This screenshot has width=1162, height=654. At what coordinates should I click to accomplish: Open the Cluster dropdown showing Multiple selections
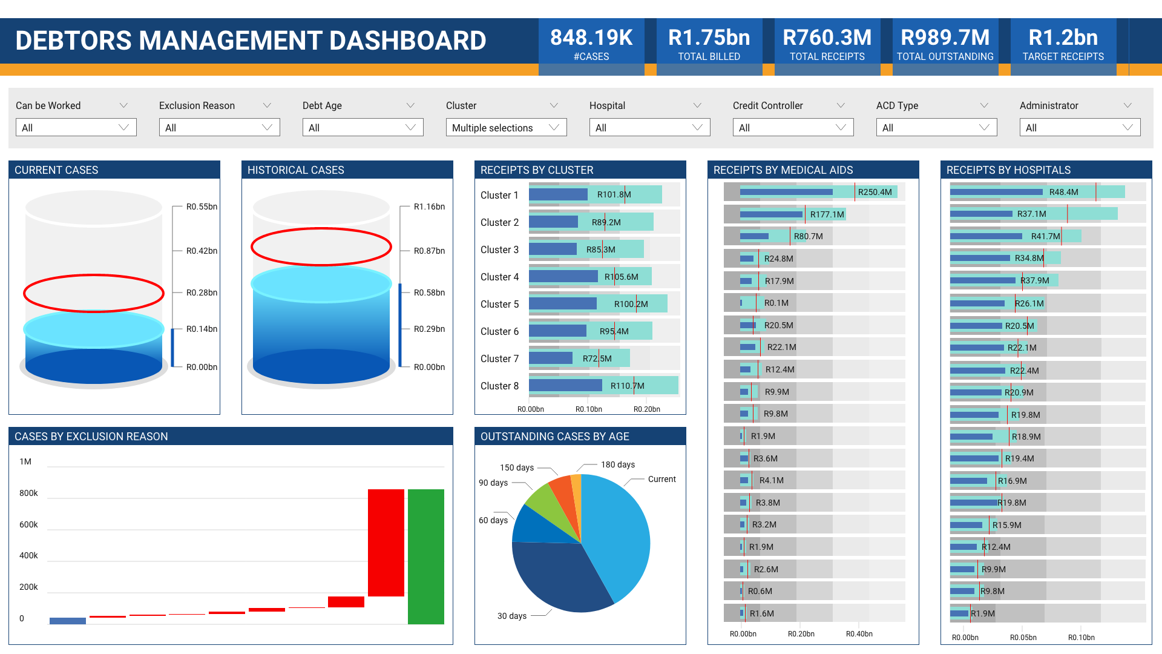coord(506,128)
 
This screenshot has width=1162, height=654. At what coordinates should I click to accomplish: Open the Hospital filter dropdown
coord(649,128)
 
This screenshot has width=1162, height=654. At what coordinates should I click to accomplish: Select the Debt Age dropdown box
coord(363,128)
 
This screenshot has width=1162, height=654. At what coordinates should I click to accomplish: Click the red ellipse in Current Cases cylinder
coord(94,277)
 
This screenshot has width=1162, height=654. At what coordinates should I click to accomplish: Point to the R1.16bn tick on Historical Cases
coord(428,206)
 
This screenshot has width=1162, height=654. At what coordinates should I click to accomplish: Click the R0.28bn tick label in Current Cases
coord(202,292)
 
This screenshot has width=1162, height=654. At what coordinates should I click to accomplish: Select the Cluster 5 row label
coord(499,304)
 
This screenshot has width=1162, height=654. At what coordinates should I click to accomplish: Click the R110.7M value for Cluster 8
coord(627,386)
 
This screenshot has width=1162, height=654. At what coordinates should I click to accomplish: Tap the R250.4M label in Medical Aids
coord(875,192)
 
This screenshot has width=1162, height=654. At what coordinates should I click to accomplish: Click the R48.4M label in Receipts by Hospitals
coord(1063,192)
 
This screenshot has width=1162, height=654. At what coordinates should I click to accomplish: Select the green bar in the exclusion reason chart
coord(425,556)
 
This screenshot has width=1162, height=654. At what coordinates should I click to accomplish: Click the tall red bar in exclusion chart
coord(386,542)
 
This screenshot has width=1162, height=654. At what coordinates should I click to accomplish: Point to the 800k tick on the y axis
coord(28,493)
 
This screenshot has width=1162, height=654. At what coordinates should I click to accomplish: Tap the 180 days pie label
coord(617,464)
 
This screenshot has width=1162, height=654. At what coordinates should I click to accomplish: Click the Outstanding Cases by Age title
coord(554,437)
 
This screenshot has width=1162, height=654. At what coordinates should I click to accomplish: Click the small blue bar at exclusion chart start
coord(67,621)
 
